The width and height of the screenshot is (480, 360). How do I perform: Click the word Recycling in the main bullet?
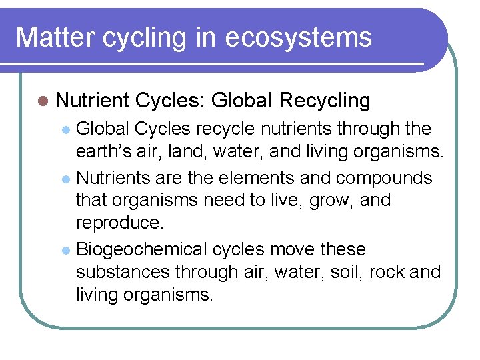325,101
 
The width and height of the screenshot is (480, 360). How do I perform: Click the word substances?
123,272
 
